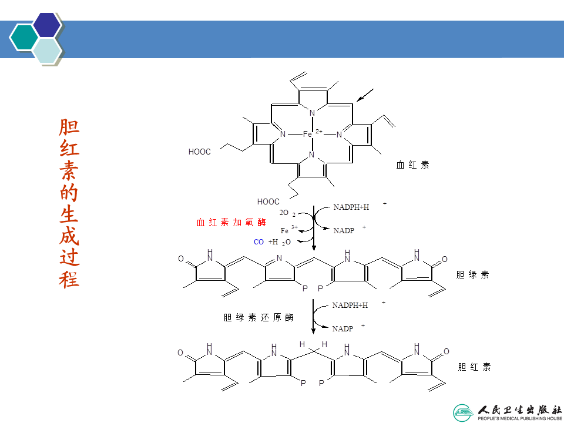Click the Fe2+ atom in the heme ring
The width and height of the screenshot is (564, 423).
click(x=308, y=134)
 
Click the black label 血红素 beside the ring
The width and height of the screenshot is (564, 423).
click(x=412, y=165)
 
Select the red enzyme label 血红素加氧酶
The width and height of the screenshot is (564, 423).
click(x=231, y=223)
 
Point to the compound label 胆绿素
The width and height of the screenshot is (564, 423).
click(x=472, y=274)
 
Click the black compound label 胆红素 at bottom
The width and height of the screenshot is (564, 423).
click(x=474, y=367)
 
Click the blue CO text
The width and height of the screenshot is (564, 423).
click(x=258, y=241)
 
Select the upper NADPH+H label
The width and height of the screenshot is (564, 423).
click(x=351, y=207)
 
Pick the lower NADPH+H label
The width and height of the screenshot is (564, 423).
click(x=350, y=305)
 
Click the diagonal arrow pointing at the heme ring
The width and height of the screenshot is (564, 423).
click(x=365, y=94)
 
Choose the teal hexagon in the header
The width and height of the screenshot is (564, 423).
click(x=24, y=38)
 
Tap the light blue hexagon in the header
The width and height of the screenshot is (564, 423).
click(x=47, y=51)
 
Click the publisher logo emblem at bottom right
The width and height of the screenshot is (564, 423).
click(x=462, y=411)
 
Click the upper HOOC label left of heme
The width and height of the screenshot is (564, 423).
click(x=200, y=152)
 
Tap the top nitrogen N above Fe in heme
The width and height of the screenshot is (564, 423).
click(x=312, y=113)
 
